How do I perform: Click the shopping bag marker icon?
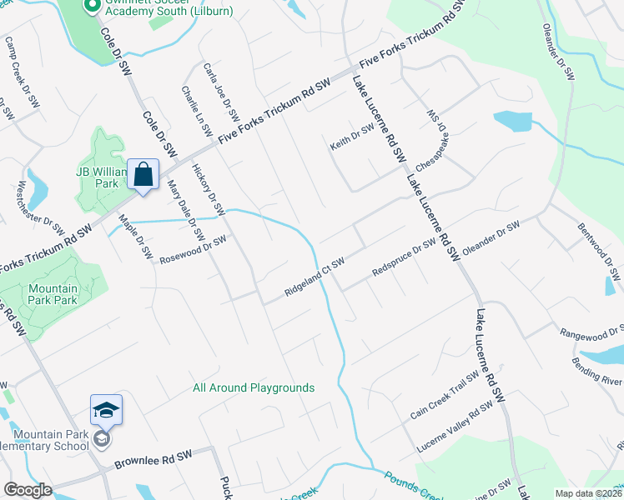pyautogui.click(x=143, y=175)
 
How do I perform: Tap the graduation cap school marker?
pyautogui.click(x=106, y=410)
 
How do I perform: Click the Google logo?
pyautogui.click(x=28, y=491)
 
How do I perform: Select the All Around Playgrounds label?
pyautogui.click(x=254, y=387)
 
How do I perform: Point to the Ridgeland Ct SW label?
pyautogui.click(x=315, y=276)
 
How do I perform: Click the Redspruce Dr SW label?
pyautogui.click(x=405, y=258)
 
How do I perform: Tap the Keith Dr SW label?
pyautogui.click(x=351, y=137)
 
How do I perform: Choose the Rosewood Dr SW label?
pyautogui.click(x=194, y=248)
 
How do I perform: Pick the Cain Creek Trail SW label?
pyautogui.click(x=445, y=395)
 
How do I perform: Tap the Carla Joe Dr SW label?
pyautogui.click(x=221, y=91)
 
